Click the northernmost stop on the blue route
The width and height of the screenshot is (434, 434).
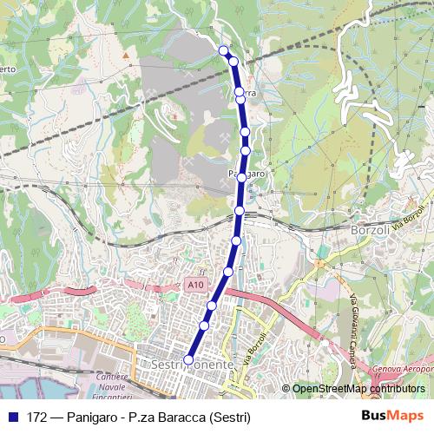pos(224,50)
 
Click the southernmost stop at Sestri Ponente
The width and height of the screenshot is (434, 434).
pos(189,360)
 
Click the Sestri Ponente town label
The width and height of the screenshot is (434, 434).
pos(192,365)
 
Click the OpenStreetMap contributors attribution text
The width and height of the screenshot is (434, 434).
pos(359,389)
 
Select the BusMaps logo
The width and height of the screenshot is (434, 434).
pos(392,416)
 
